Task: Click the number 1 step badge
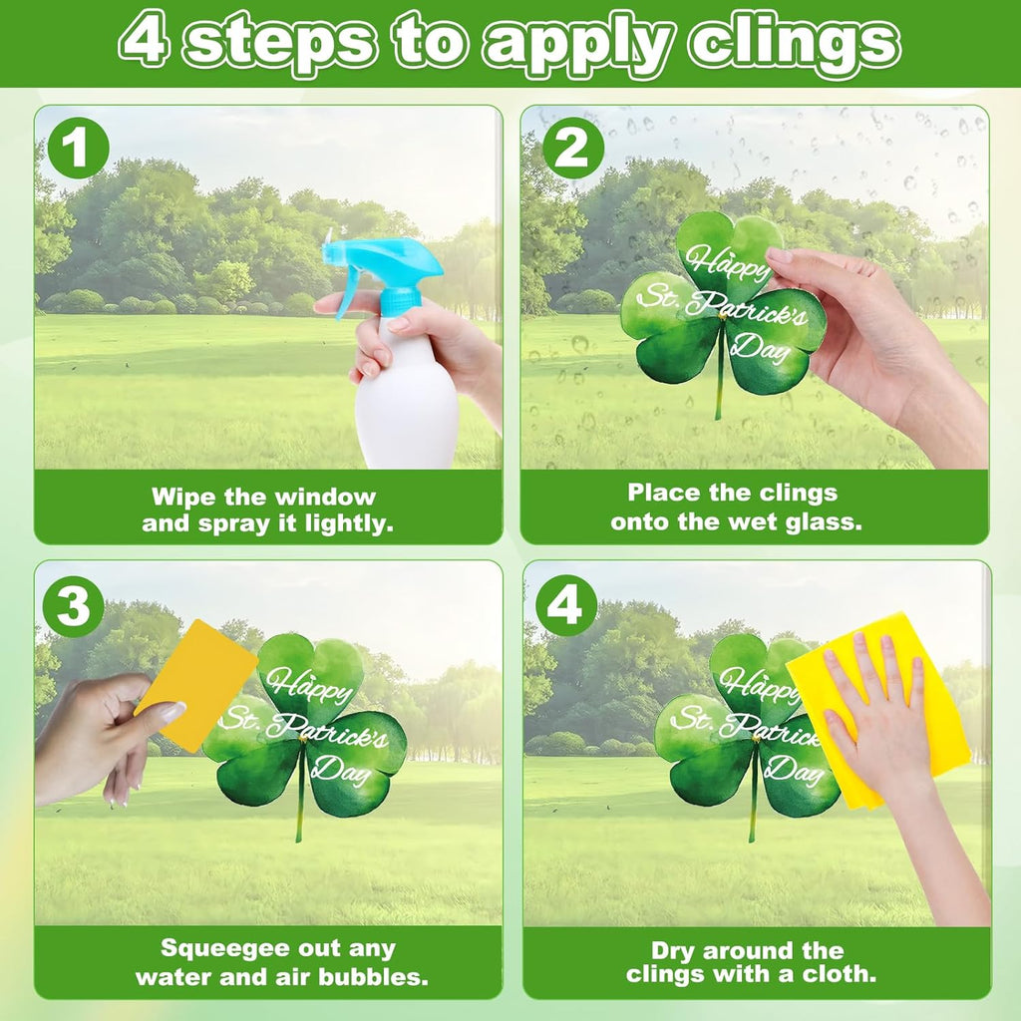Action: point(78,148)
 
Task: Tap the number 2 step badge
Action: point(573,148)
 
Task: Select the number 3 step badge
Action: point(74,606)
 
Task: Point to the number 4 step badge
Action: point(566,606)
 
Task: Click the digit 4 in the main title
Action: point(146,40)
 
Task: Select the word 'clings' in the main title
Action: point(796,44)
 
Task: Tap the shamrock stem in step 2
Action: point(720,371)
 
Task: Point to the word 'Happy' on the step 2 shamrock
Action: point(726,262)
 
